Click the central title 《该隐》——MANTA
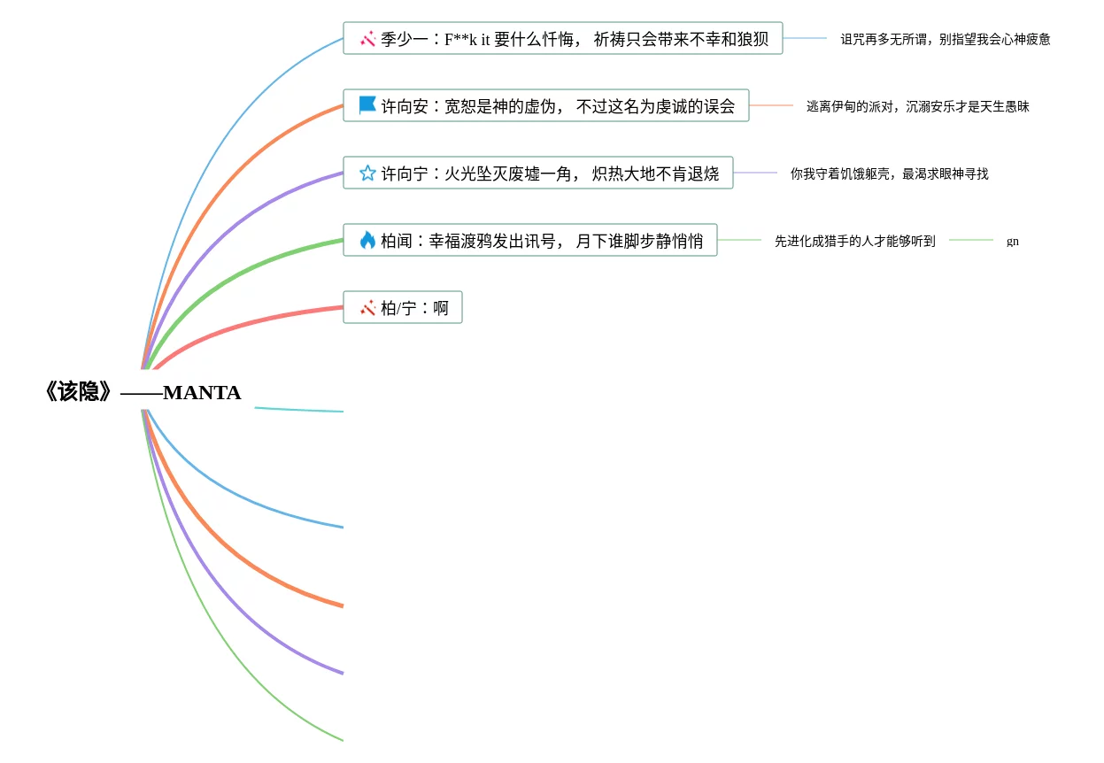tap(142, 392)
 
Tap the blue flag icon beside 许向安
tap(367, 105)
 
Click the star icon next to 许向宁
tap(367, 173)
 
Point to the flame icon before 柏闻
tap(367, 240)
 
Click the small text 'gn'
tap(1012, 241)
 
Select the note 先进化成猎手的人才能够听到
tap(854, 241)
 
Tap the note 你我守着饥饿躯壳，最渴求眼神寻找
tap(889, 174)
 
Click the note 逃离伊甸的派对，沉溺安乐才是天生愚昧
tap(917, 107)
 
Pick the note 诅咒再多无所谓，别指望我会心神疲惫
tap(945, 40)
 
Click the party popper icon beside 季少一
tap(367, 39)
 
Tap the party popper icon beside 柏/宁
tap(367, 308)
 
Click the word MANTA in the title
tap(202, 393)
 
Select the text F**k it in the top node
tap(467, 39)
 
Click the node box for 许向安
tap(558, 106)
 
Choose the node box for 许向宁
tap(549, 173)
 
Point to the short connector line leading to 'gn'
tap(970, 240)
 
